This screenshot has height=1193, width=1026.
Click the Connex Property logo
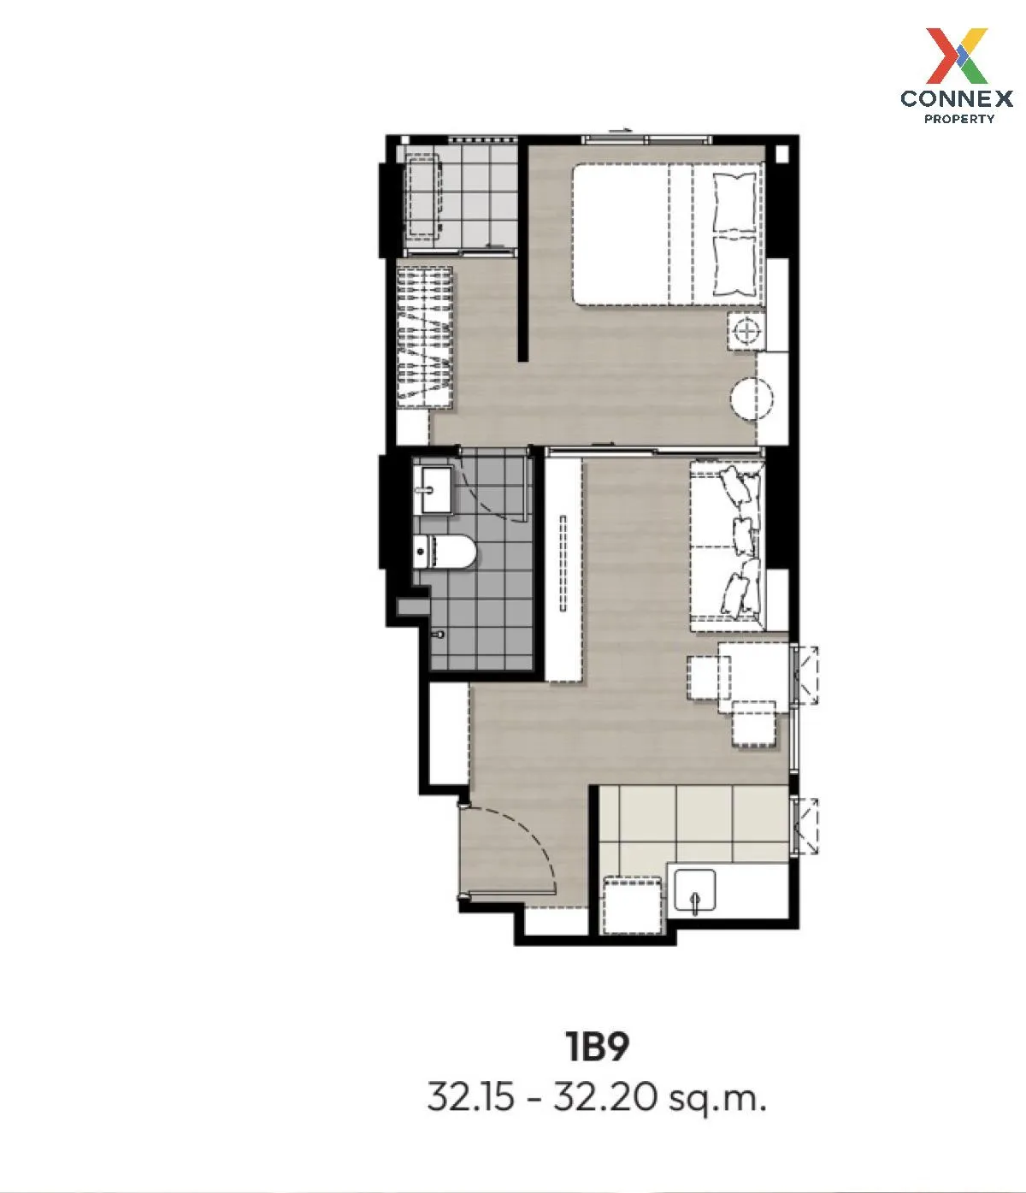[957, 76]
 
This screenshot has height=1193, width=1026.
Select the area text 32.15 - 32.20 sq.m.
[597, 1097]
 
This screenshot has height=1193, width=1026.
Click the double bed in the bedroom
[667, 234]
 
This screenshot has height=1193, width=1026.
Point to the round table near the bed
[752, 399]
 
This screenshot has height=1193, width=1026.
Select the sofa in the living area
[727, 547]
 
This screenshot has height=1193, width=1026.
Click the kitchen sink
[694, 891]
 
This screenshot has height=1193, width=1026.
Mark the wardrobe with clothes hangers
[425, 338]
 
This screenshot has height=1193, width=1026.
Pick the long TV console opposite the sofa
[563, 569]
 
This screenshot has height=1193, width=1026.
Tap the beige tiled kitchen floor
[693, 825]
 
